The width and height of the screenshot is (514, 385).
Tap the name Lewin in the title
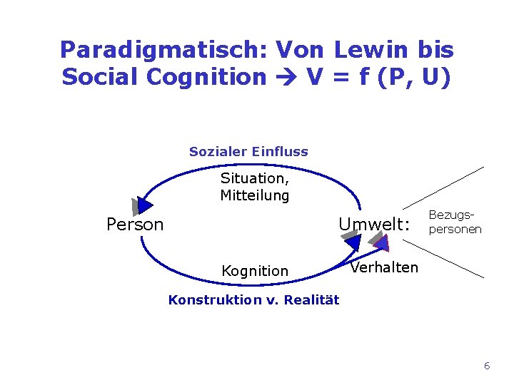point(372,49)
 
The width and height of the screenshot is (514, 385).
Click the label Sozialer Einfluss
point(248,151)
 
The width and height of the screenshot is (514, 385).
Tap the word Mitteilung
point(255,195)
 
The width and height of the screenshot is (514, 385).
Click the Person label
point(135,225)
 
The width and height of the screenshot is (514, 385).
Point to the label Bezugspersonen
point(455,222)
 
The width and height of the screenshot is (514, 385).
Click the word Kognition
point(255,271)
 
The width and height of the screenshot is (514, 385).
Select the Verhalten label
point(384,267)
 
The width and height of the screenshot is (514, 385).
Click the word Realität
point(311,300)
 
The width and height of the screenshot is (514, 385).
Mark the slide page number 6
point(487,366)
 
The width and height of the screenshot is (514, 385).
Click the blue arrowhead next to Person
point(144,205)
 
